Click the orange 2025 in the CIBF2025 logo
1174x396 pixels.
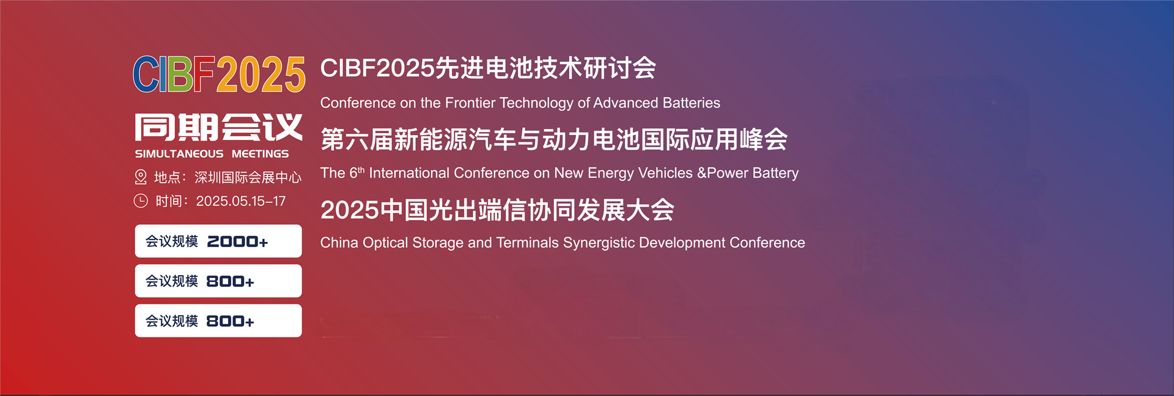tap(261, 75)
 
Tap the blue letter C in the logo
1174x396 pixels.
tap(146, 75)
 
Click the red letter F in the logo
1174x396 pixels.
tap(205, 75)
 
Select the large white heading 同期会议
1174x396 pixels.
tap(218, 127)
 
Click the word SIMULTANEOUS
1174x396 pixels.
tap(179, 154)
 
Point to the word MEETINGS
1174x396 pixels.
tap(260, 154)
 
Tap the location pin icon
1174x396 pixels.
tap(141, 177)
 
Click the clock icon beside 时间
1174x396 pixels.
tap(141, 200)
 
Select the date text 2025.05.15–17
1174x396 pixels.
tap(241, 201)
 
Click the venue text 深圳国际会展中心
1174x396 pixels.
tap(248, 177)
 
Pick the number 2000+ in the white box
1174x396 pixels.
tap(237, 241)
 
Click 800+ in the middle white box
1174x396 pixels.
tap(230, 281)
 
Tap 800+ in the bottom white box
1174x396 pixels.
tap(230, 321)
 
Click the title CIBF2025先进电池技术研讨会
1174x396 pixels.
tap(488, 68)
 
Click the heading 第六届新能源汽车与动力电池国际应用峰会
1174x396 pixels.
tap(554, 139)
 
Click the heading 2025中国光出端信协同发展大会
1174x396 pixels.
tap(497, 210)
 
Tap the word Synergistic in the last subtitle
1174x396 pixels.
tap(599, 243)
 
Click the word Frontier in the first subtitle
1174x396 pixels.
tap(470, 103)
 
